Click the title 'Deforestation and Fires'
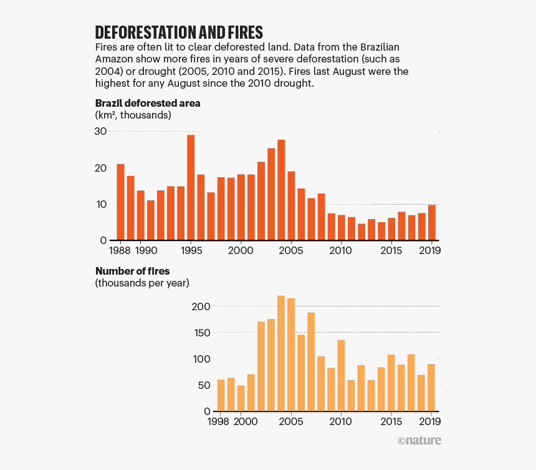tap(179, 32)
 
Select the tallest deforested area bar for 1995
tap(191, 187)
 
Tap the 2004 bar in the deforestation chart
tap(281, 190)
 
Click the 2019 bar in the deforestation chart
tap(432, 222)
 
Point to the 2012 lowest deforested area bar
tap(361, 232)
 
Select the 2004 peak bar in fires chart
tap(281, 353)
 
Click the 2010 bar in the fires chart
tap(341, 375)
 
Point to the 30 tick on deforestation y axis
tap(100, 131)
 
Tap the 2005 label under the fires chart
tap(291, 422)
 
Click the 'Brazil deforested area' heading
tap(148, 103)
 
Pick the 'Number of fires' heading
tap(132, 271)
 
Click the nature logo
tap(419, 441)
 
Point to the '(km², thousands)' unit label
tap(133, 115)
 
